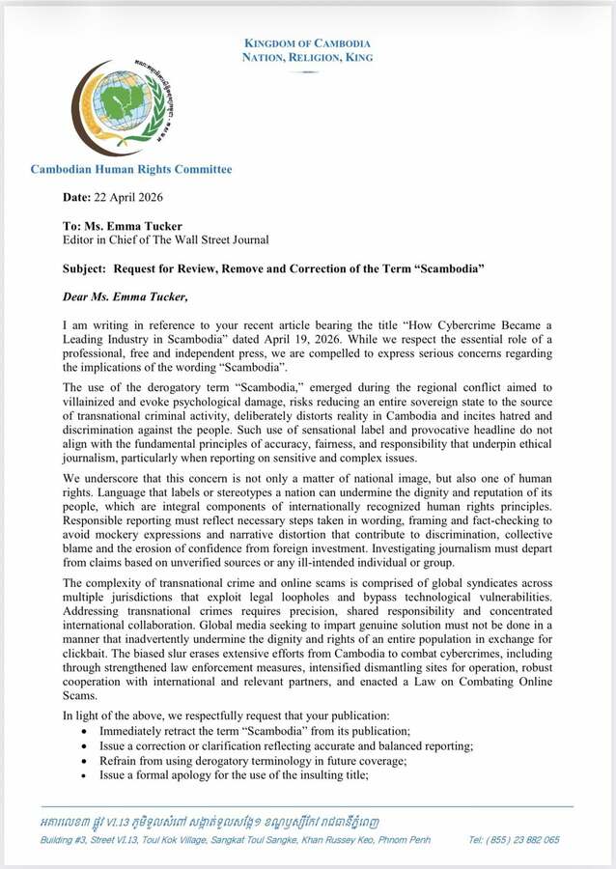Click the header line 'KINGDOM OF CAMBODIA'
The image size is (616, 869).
[x=307, y=43]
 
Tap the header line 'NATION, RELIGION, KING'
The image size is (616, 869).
[x=307, y=58]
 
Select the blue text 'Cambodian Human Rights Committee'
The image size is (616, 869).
[x=130, y=170]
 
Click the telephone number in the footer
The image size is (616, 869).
[x=525, y=840]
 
